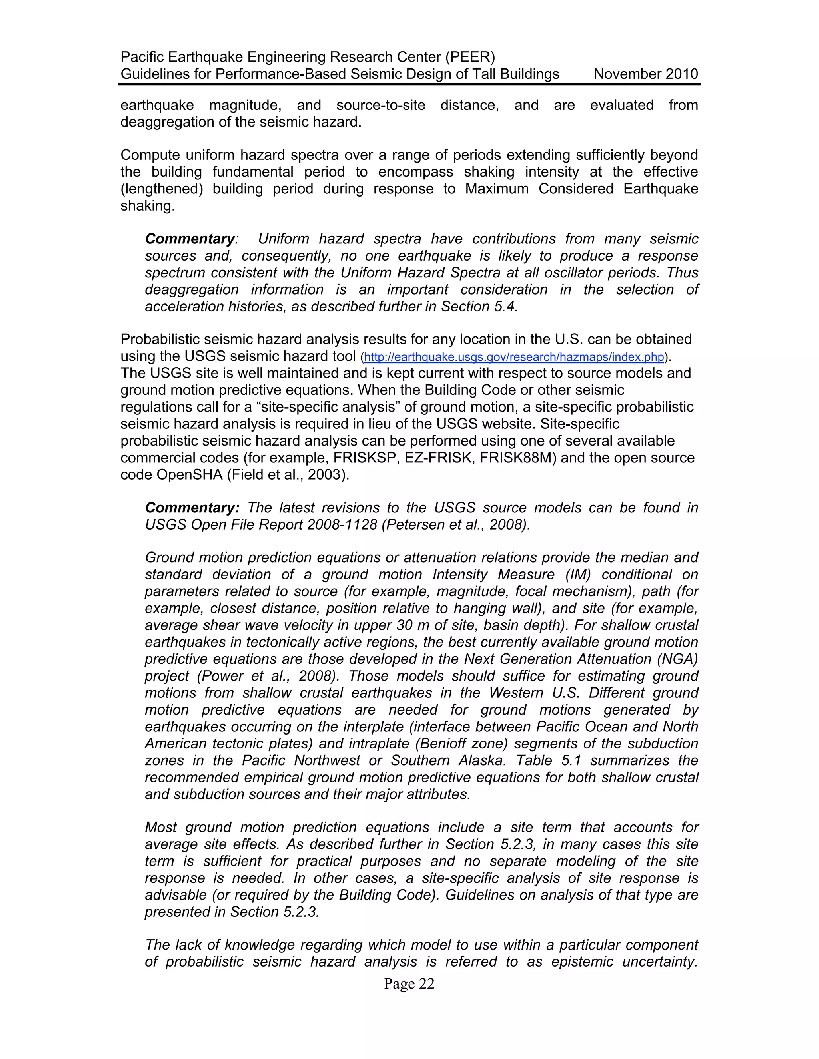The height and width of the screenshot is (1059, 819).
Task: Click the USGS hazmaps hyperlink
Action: click(513, 357)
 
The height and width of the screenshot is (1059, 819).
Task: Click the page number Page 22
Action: click(409, 983)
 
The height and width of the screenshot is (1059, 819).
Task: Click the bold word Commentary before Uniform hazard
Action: click(190, 239)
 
